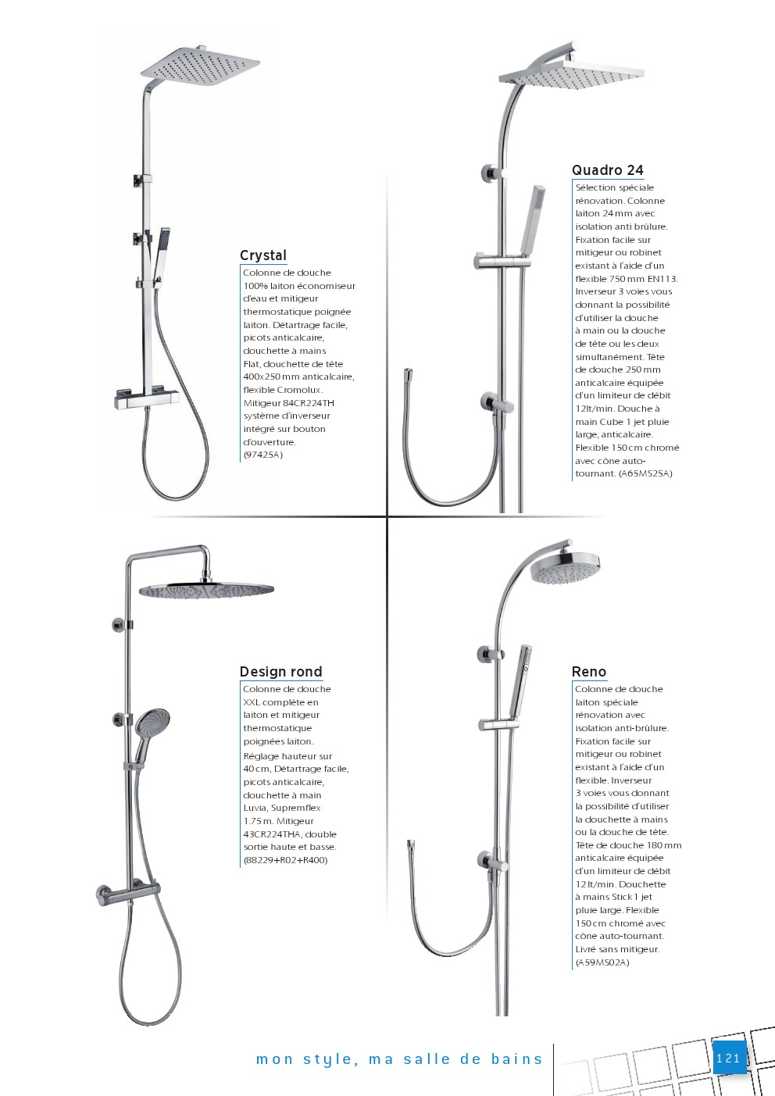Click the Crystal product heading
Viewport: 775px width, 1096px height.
263,255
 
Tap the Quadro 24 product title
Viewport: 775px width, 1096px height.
607,170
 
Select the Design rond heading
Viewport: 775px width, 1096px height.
280,672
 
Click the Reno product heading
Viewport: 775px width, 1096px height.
588,672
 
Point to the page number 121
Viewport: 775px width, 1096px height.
728,1059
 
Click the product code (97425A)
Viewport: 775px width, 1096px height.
263,455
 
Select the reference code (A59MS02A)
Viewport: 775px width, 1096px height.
602,962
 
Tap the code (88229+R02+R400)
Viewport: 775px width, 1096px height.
285,860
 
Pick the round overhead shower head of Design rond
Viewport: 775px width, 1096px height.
206,591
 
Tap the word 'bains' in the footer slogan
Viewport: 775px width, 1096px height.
516,1059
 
